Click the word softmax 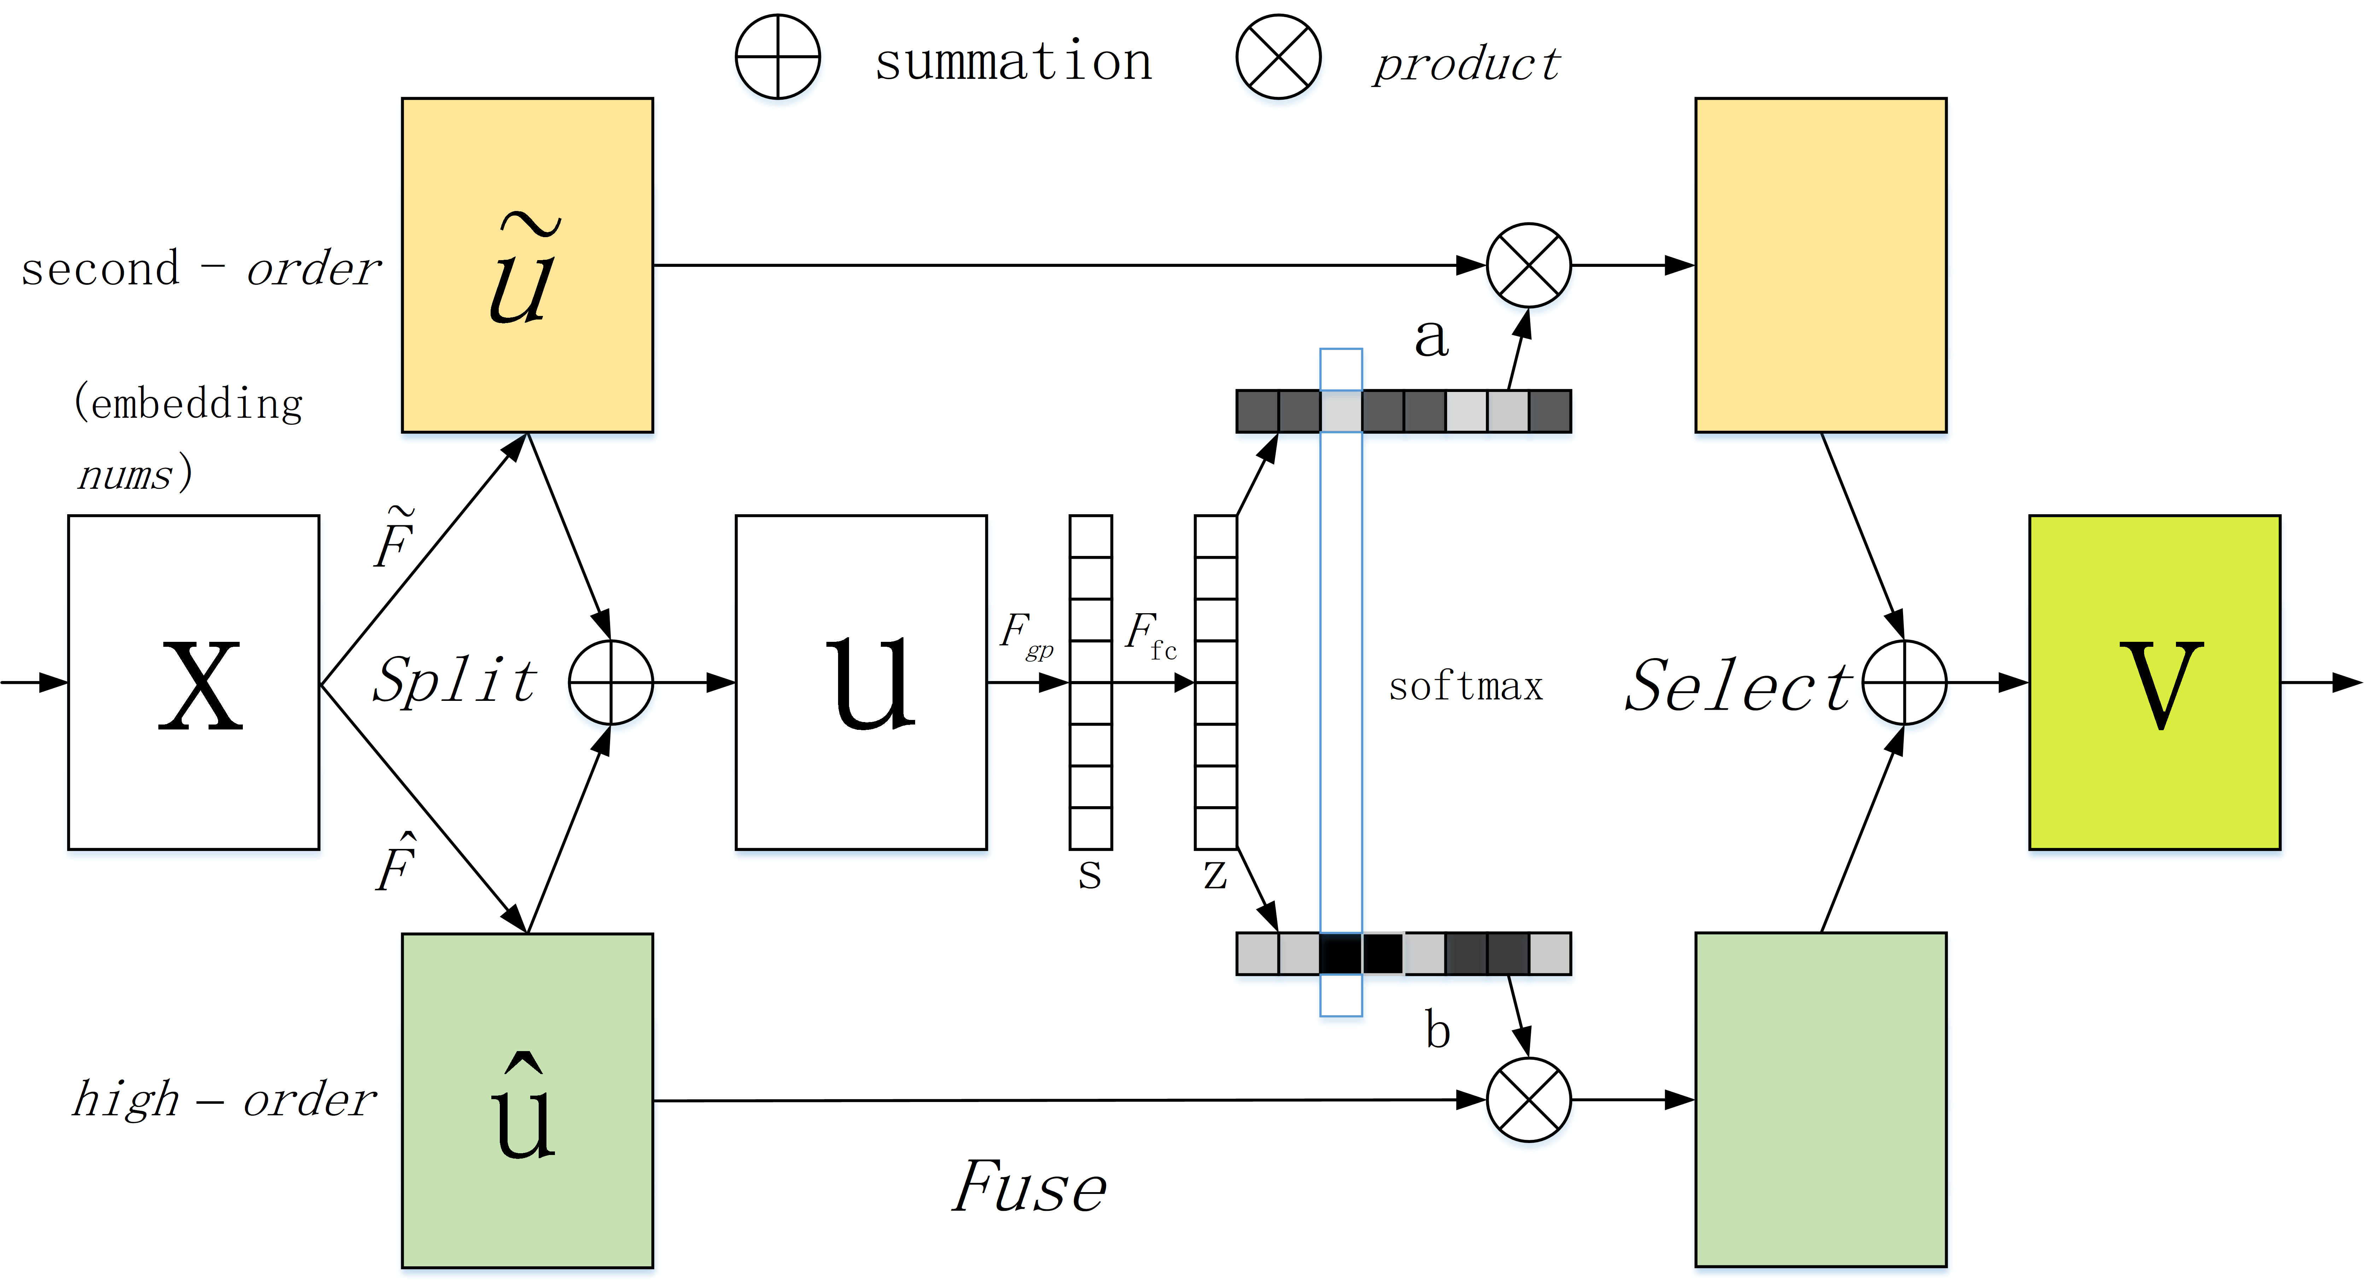pyautogui.click(x=1465, y=686)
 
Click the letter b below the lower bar pyautogui.click(x=1437, y=1030)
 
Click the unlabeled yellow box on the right pyautogui.click(x=1821, y=265)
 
